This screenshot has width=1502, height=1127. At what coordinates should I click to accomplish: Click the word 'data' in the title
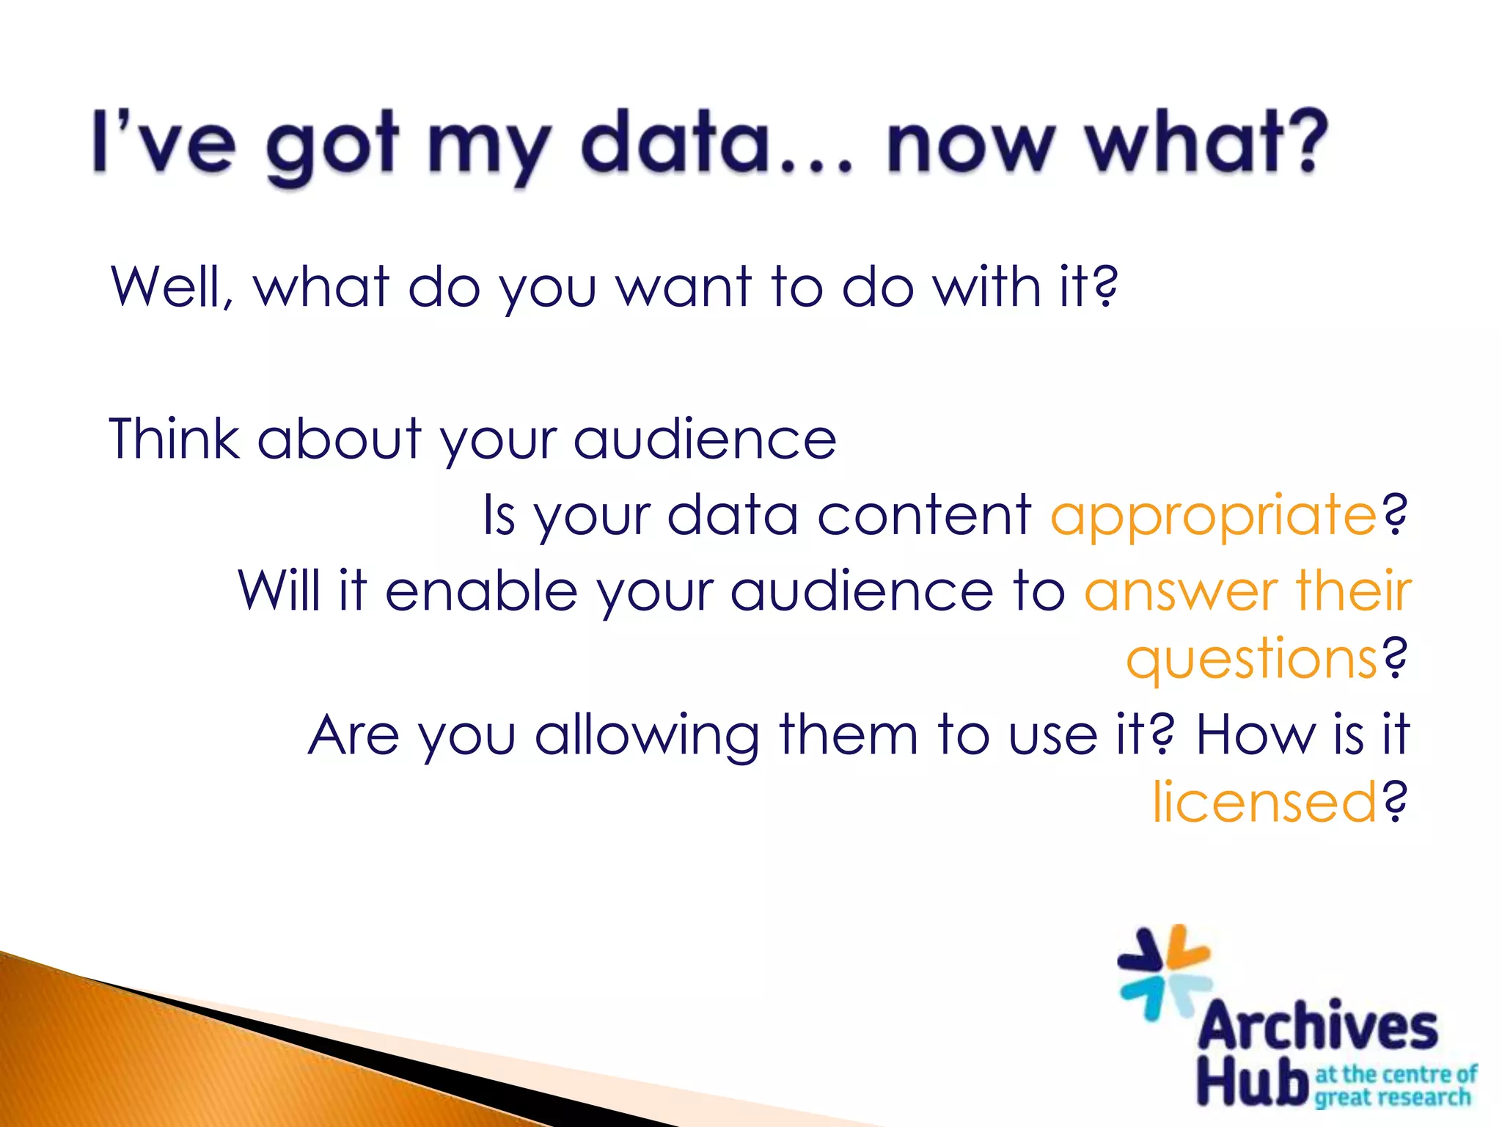tap(680, 142)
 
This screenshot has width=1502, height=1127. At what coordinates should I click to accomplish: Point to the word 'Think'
tap(175, 438)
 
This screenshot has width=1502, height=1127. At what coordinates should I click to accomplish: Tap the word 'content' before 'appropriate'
tap(924, 514)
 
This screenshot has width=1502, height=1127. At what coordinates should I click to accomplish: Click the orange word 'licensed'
tap(1264, 802)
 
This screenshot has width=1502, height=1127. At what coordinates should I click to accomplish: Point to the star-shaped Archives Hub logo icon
tap(1165, 974)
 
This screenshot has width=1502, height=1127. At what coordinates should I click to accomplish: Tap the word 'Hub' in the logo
tap(1253, 1082)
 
